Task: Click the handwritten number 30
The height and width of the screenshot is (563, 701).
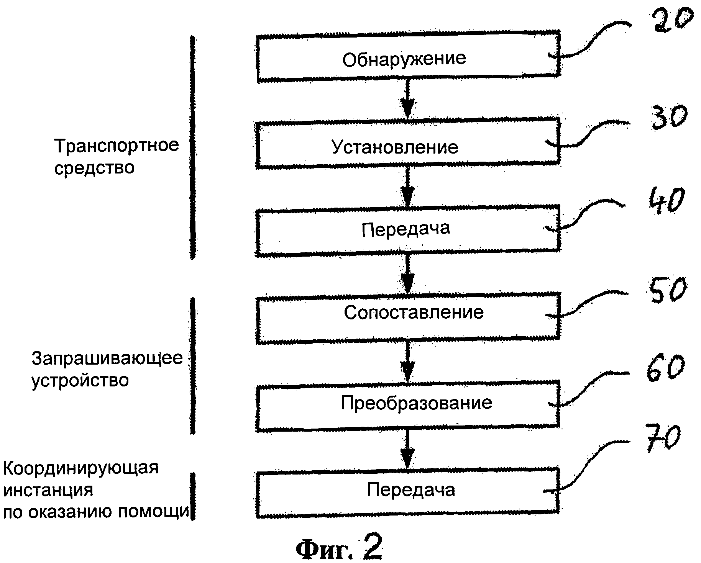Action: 667,117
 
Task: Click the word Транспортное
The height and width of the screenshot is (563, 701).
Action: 117,146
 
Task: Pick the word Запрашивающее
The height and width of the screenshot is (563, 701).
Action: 107,358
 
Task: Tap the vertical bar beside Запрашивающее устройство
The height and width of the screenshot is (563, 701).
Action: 193,366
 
